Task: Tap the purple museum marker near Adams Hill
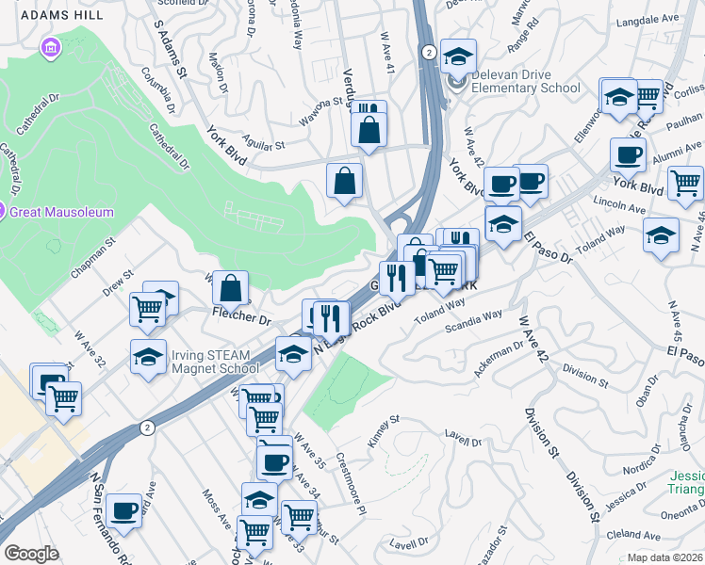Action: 51,47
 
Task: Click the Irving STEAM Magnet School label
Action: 210,361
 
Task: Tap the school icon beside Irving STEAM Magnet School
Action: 149,358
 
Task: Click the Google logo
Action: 31,554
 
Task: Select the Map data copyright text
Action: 665,557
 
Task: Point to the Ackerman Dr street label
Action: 500,360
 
